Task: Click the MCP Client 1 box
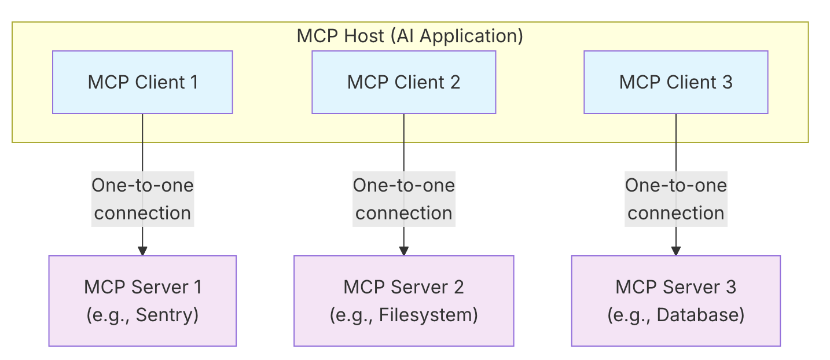click(142, 82)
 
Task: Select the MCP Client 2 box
click(404, 82)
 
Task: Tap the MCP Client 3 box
click(676, 82)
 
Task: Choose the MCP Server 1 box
click(142, 301)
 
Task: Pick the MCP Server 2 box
click(404, 301)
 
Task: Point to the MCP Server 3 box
click(676, 301)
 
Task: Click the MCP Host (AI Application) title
click(410, 36)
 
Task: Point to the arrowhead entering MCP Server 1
click(142, 251)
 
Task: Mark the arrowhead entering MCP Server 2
click(404, 251)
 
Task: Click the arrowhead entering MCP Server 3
click(676, 251)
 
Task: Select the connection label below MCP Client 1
click(142, 199)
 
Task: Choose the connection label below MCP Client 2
click(404, 199)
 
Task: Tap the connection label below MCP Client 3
click(676, 199)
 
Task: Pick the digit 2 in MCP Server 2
click(459, 287)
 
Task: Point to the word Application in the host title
click(471, 36)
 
